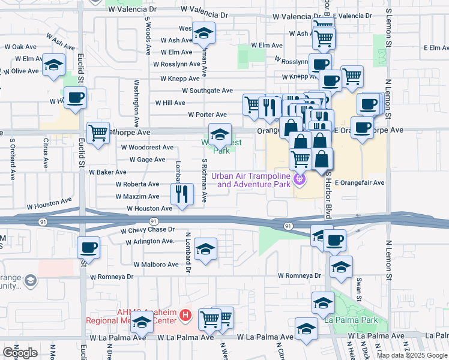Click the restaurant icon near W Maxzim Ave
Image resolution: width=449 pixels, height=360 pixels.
(181, 194)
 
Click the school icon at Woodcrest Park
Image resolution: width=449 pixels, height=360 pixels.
(220, 133)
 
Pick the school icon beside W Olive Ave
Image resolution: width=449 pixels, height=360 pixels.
(54, 64)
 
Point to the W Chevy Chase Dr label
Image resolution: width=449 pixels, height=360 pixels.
(147, 230)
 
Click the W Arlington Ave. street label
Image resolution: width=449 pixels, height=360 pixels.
(149, 241)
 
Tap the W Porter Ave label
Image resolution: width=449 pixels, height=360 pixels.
(207, 115)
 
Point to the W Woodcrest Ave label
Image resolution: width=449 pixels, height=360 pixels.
(147, 147)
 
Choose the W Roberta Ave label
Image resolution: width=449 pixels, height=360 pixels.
(137, 184)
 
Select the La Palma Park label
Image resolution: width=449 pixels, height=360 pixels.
(351, 320)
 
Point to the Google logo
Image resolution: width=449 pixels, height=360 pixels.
(20, 353)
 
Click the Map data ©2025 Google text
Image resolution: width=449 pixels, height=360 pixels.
(412, 355)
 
